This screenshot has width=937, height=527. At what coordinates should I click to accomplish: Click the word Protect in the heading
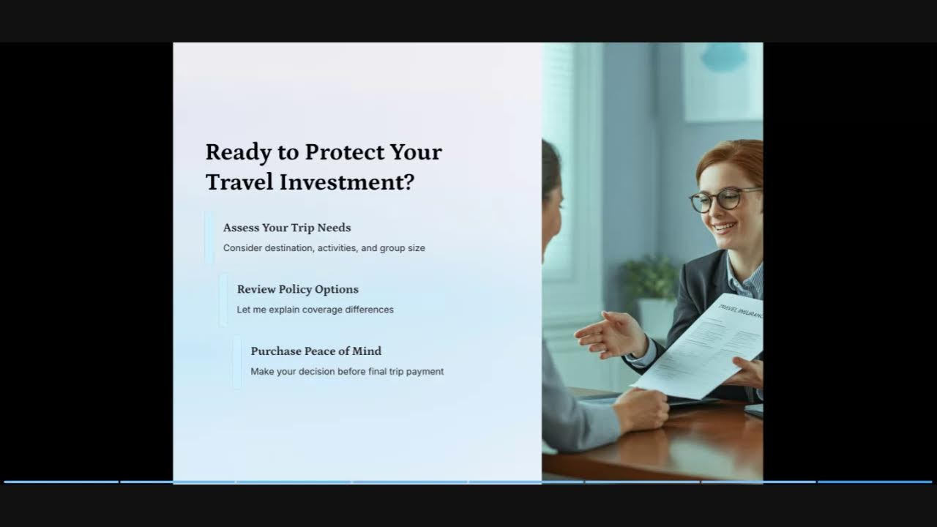344,152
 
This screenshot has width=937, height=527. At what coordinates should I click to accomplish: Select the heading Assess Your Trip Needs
287,228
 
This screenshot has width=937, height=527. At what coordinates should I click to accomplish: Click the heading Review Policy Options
297,289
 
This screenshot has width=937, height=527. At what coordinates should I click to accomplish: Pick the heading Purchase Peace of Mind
316,351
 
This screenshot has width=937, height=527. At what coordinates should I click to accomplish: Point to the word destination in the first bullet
288,248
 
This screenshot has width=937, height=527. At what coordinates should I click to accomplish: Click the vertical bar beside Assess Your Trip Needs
209,237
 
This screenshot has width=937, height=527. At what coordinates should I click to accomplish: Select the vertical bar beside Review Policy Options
223,299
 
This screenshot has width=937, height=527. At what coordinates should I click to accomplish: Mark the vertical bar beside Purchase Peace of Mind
237,362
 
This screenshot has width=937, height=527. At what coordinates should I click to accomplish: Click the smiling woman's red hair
732,157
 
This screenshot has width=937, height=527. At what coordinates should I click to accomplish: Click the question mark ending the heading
408,182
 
